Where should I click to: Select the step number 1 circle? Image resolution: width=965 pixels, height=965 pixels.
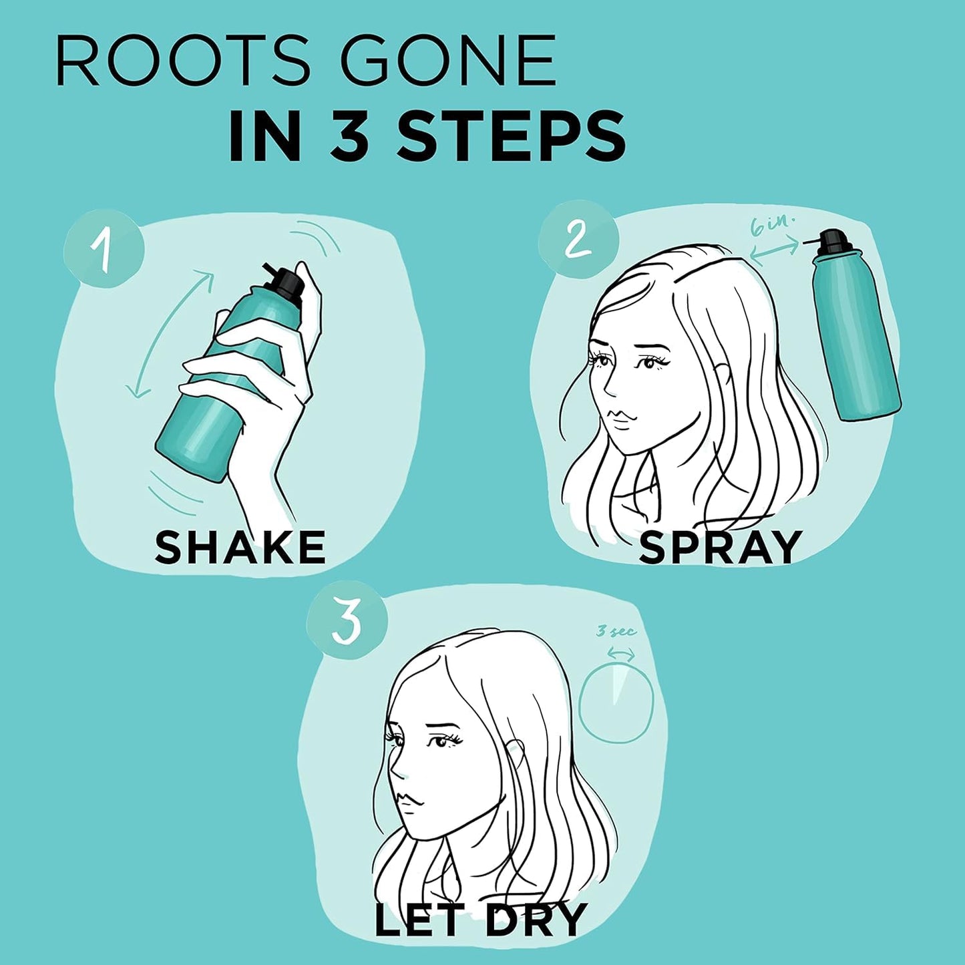104,248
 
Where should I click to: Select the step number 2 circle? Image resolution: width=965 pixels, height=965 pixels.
578,239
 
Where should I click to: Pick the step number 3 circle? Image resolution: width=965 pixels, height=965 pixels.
347,620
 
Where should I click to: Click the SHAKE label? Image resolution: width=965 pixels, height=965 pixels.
240,547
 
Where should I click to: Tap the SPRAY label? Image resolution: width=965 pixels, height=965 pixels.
720,547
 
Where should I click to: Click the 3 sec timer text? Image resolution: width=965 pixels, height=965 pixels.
616,631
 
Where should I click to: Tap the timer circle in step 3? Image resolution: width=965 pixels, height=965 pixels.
615,705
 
